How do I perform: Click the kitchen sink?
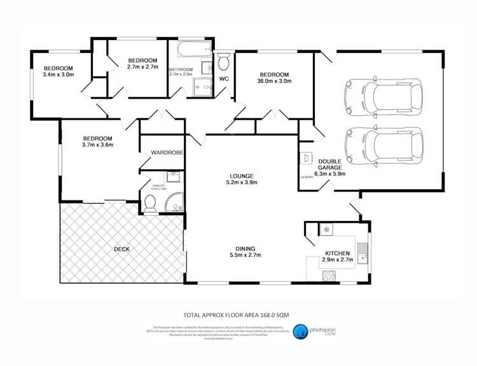(363, 253)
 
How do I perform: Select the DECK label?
(121, 249)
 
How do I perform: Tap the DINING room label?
(244, 248)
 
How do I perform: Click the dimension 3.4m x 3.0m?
(59, 74)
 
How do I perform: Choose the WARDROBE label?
(167, 153)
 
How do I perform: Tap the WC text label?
(224, 79)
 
